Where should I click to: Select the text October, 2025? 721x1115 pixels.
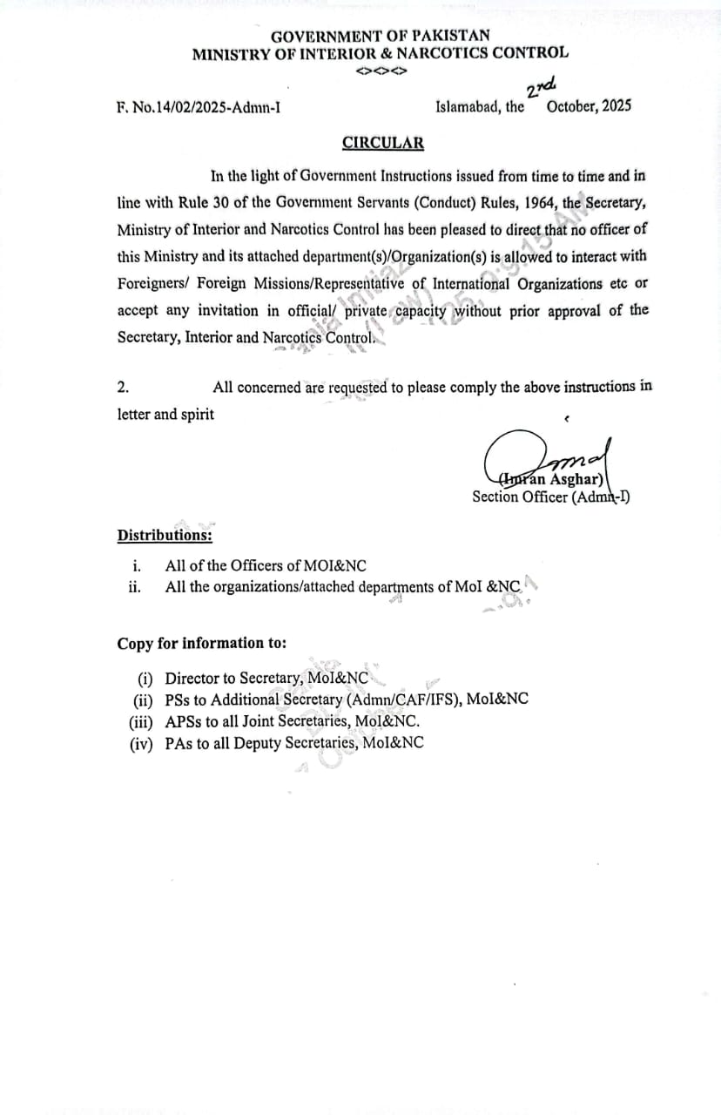coord(589,106)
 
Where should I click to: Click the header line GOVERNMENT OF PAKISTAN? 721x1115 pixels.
coord(380,36)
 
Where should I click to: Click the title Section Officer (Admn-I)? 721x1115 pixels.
coord(550,497)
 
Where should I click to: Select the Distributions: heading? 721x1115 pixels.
coord(165,535)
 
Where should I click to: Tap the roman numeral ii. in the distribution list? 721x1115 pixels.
coord(135,586)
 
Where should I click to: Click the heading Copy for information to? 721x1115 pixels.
coord(202,644)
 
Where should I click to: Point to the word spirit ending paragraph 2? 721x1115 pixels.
coord(197,415)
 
